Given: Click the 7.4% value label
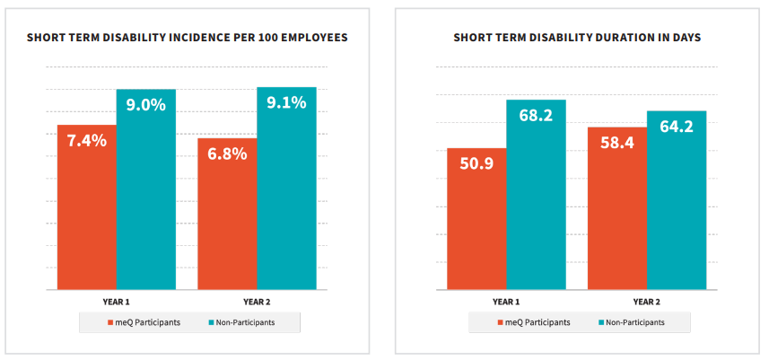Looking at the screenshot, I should [x=86, y=140].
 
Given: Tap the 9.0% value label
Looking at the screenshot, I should [x=145, y=104].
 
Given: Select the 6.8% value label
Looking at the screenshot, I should [x=227, y=153].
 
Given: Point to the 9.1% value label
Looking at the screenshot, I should [x=286, y=102].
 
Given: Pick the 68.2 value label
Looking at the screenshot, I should [x=536, y=116].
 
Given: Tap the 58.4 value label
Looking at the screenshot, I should [x=616, y=143].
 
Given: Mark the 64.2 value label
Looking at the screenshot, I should [x=677, y=127].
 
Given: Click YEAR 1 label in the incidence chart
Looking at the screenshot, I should [x=117, y=302].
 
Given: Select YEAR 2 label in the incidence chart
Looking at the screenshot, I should [x=258, y=302].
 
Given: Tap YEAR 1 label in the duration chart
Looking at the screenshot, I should [x=506, y=302].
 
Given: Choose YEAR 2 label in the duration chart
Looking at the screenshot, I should [x=647, y=302].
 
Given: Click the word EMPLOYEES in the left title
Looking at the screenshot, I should [x=307, y=39].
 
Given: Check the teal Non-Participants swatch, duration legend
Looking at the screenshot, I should [x=599, y=322].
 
